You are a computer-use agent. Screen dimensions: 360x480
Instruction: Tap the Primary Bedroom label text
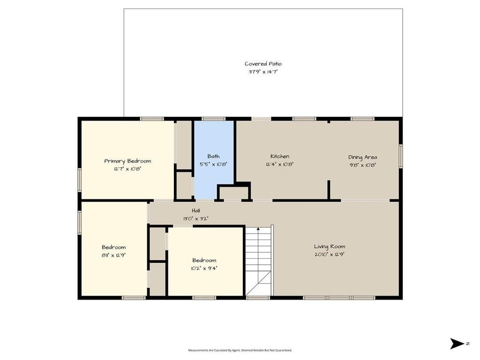[x=127, y=161]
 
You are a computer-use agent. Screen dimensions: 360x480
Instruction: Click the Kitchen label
[x=279, y=157]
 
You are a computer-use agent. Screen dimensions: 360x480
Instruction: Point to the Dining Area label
[x=363, y=157]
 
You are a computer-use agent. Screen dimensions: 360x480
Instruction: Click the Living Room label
[x=329, y=246]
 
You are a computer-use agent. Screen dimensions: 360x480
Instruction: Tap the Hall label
[x=196, y=211]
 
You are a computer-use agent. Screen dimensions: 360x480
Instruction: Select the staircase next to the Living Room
[x=259, y=261]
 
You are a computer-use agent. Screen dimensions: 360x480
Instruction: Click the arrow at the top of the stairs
[x=259, y=230]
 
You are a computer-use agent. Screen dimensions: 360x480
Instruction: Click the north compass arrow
[x=457, y=343]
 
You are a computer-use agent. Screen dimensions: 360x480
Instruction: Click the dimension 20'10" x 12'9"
[x=329, y=254]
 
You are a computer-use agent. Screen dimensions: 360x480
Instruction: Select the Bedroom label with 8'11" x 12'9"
[x=114, y=247]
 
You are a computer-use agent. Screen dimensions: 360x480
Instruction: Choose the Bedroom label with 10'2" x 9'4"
[x=204, y=260]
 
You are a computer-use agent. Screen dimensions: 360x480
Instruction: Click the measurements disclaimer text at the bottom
[x=240, y=350]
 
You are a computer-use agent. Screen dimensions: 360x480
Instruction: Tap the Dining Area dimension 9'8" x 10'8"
[x=363, y=165]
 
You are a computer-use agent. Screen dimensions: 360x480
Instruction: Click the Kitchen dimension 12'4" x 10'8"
[x=279, y=164]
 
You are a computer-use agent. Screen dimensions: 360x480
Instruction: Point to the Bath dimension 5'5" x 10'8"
[x=213, y=164]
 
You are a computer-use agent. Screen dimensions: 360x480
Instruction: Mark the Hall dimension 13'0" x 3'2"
[x=196, y=218]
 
